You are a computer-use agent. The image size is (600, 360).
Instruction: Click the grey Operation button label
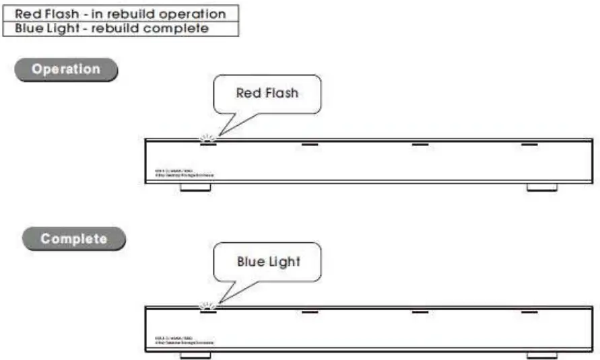[66, 69]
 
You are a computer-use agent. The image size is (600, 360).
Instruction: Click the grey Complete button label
[73, 238]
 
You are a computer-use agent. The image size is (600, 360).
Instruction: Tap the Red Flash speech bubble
[267, 94]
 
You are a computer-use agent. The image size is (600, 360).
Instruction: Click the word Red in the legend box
[26, 13]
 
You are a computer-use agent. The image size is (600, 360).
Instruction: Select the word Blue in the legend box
[28, 28]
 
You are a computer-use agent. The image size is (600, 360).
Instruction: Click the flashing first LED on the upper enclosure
[208, 143]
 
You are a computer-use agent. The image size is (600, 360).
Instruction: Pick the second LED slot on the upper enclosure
[310, 143]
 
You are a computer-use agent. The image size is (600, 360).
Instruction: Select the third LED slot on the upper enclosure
[420, 143]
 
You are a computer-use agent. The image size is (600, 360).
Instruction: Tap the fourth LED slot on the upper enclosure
[530, 143]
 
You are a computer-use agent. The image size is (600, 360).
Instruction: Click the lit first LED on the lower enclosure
[208, 311]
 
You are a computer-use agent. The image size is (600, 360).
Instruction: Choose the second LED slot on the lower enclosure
[310, 311]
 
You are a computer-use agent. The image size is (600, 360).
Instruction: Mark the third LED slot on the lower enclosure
[420, 311]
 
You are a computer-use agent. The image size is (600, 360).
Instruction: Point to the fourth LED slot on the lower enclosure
[530, 311]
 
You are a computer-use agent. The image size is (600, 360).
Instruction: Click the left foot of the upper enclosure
[196, 186]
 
